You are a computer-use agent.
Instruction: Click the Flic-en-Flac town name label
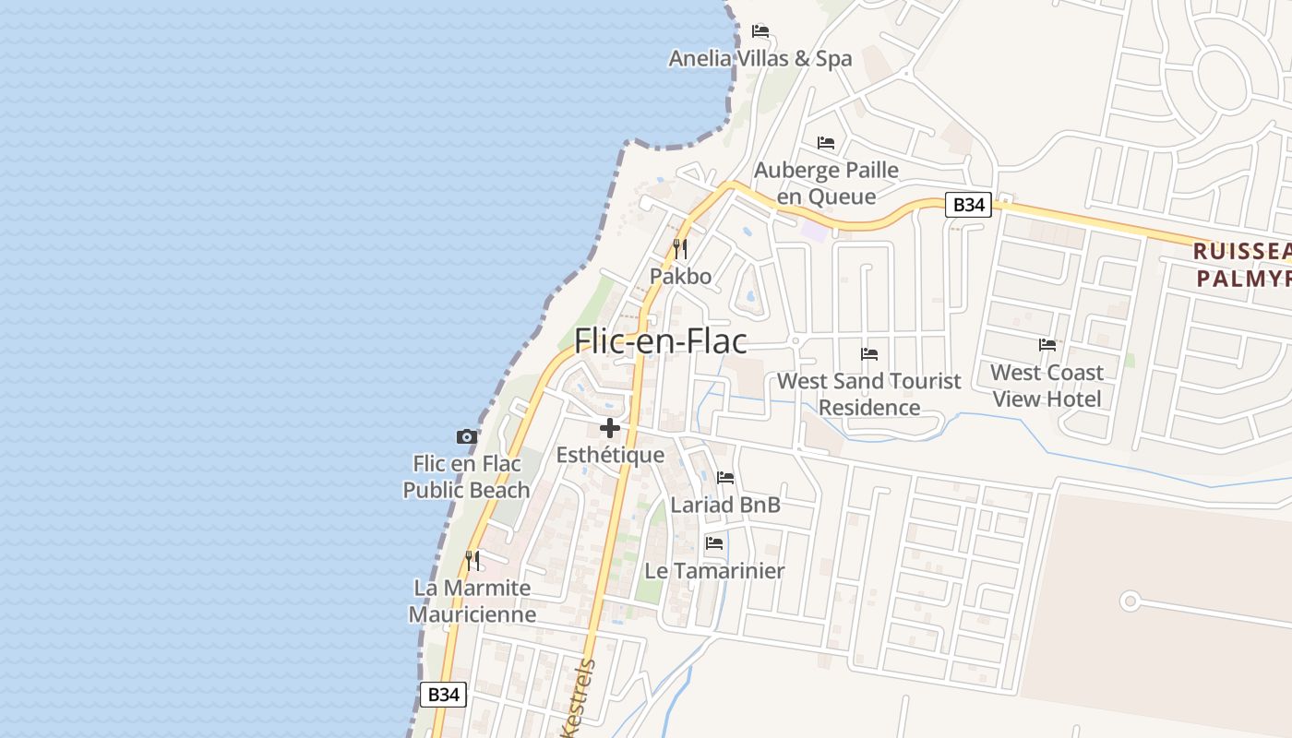tap(660, 341)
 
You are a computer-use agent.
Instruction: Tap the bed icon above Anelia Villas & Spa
tap(760, 30)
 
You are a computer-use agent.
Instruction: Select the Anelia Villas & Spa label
tap(760, 59)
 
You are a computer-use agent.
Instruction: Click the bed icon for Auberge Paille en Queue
tap(826, 143)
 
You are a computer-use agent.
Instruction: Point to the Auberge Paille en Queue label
tap(826, 183)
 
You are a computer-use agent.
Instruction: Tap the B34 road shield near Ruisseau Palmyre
tap(968, 205)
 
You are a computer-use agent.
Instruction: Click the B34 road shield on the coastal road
tap(443, 695)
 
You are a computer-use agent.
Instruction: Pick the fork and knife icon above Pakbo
tap(680, 248)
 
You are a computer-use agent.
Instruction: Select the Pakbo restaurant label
tap(680, 276)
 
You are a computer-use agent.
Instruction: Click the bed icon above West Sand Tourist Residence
tap(869, 353)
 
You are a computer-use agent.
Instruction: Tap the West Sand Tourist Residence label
tap(869, 394)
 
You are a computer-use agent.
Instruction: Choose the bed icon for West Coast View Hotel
tap(1047, 345)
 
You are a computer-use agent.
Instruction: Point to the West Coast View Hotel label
tap(1047, 386)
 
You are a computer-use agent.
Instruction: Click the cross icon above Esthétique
tap(610, 428)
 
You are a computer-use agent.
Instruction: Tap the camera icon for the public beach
tap(467, 436)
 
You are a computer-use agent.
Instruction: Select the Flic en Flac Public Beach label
tap(467, 477)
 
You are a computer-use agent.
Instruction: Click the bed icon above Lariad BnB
tap(725, 478)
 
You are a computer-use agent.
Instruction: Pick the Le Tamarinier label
tap(714, 571)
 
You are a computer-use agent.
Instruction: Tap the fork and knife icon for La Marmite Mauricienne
tap(473, 560)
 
